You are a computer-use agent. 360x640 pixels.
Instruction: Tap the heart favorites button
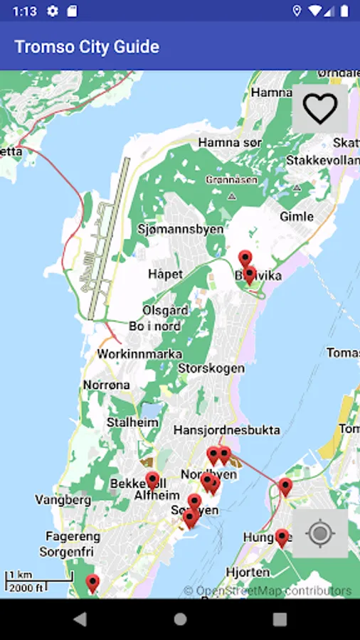point(320,109)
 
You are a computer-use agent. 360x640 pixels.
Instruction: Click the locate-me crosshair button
point(320,533)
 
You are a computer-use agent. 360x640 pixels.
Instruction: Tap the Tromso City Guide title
point(87,47)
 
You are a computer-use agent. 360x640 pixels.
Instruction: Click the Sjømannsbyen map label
point(180,229)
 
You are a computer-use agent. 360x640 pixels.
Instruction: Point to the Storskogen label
point(211,368)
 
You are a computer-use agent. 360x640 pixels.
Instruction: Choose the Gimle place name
point(297,216)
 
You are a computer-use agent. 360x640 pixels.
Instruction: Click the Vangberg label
point(63,500)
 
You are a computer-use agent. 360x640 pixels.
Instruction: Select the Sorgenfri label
point(67,551)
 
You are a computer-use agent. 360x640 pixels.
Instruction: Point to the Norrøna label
point(107,385)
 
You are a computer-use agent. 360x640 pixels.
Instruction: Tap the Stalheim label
point(132,422)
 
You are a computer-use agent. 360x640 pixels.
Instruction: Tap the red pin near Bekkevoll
point(152,481)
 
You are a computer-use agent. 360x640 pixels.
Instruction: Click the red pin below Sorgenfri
point(92,583)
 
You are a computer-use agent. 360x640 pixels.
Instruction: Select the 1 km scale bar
point(39,581)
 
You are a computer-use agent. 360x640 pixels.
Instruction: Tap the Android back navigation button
point(80,619)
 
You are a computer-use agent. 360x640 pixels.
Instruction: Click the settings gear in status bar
point(52,11)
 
